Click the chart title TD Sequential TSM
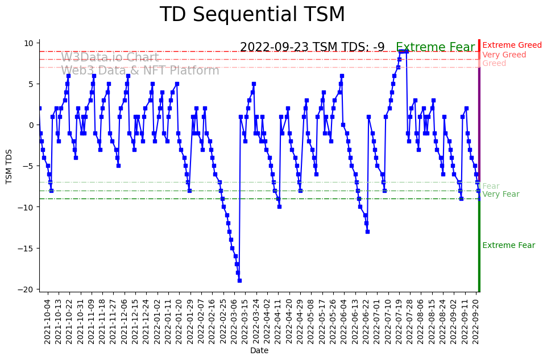click(x=252, y=15)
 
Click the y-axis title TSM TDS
click(x=9, y=165)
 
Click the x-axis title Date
click(x=259, y=350)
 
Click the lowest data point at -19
click(x=239, y=280)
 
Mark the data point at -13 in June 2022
click(x=367, y=231)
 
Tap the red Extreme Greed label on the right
click(x=512, y=45)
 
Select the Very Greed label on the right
click(x=504, y=55)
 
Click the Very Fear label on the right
click(x=500, y=195)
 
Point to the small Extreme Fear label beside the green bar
click(x=508, y=246)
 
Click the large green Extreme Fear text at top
click(x=435, y=48)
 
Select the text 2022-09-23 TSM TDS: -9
click(x=312, y=48)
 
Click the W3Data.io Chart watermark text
click(x=110, y=57)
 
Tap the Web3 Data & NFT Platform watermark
click(x=140, y=71)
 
